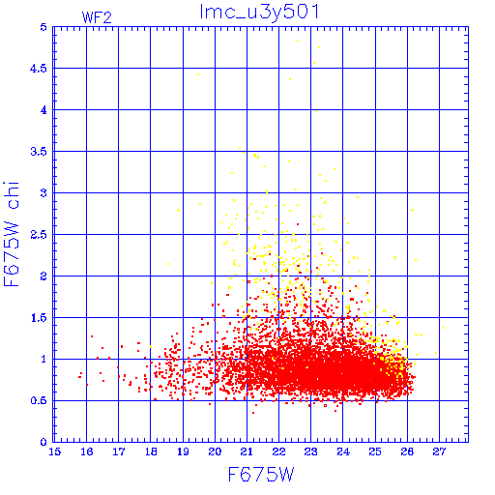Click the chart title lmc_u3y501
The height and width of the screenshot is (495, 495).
click(259, 13)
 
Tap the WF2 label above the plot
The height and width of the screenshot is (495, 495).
click(97, 17)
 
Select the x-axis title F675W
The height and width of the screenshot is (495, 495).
click(261, 475)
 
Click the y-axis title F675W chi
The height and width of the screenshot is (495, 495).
click(12, 234)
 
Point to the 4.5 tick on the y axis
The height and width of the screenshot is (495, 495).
click(39, 69)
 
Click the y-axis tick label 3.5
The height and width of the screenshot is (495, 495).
click(39, 152)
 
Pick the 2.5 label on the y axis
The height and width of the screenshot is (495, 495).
click(39, 235)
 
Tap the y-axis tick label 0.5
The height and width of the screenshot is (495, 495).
click(39, 401)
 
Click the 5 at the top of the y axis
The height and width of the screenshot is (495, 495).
click(44, 27)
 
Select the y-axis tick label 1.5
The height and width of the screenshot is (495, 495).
click(39, 318)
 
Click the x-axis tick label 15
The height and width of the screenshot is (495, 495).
click(55, 451)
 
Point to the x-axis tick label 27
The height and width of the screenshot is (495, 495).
click(439, 451)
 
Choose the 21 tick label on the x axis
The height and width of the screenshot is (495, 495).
click(247, 451)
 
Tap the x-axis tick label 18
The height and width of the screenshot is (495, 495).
click(151, 451)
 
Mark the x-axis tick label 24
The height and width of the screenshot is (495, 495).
click(343, 451)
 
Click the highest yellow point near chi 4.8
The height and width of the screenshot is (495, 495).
click(298, 41)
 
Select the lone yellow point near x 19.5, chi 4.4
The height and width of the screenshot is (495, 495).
click(198, 74)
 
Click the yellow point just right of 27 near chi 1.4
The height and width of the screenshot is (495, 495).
click(443, 328)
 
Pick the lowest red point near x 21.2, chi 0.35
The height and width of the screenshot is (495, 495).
click(253, 413)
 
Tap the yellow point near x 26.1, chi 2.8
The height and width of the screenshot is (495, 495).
click(412, 210)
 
